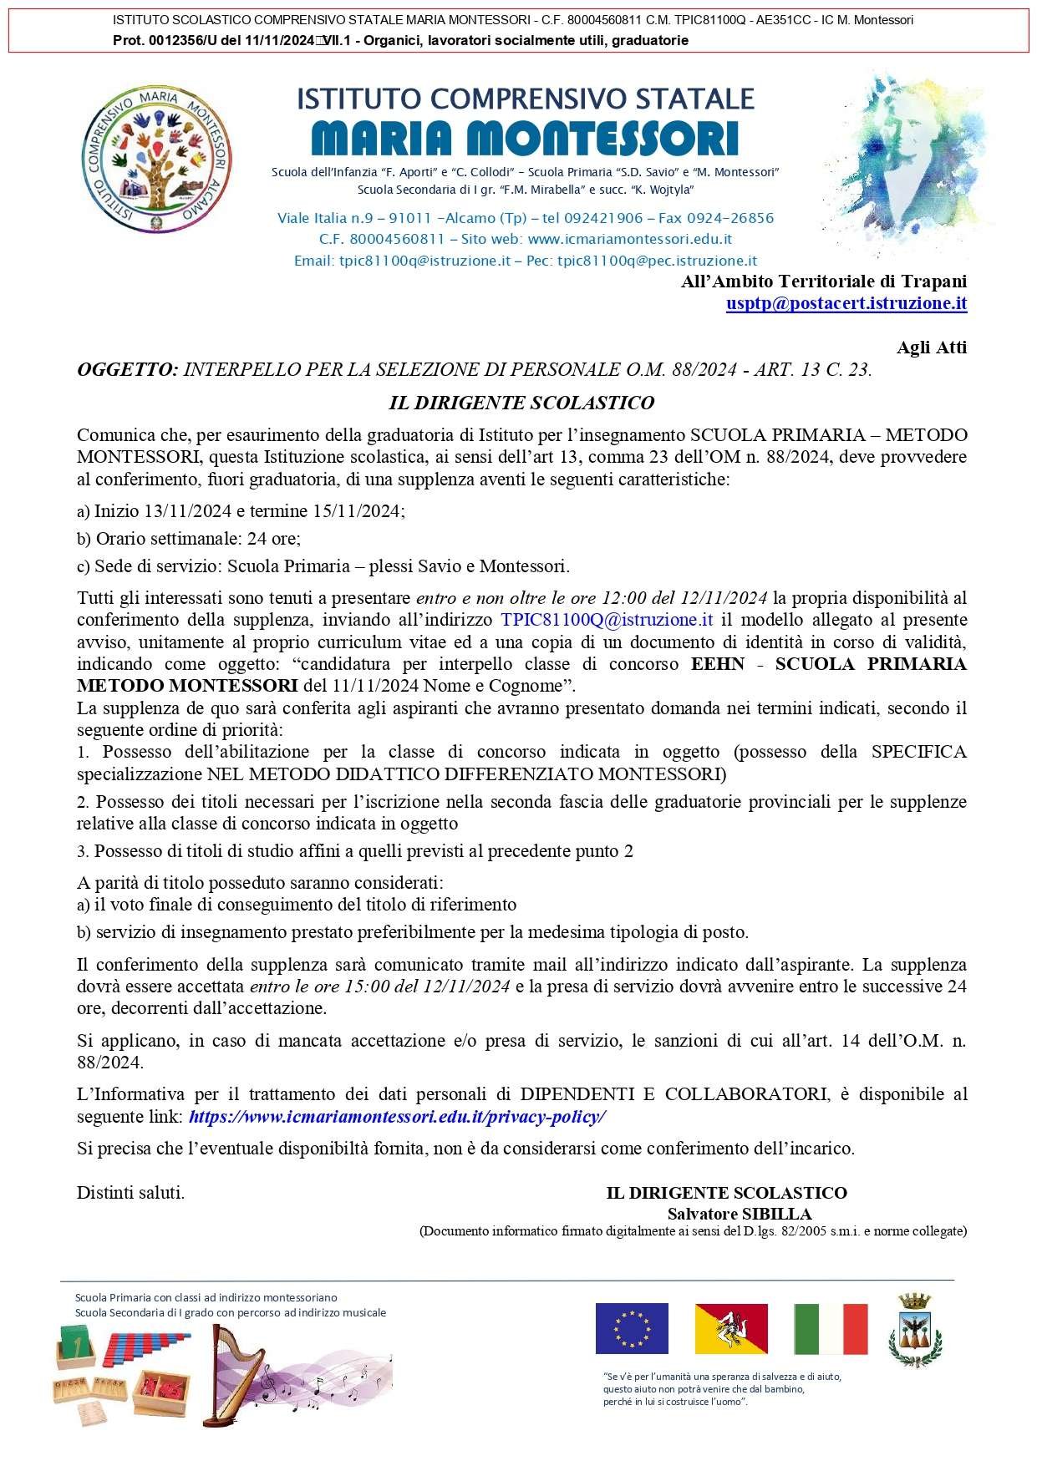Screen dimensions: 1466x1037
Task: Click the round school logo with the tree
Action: [158, 163]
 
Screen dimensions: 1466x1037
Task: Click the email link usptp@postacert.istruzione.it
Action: [846, 303]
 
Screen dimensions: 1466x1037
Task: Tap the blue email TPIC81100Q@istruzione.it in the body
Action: [607, 620]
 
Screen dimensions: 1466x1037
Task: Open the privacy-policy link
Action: [397, 1116]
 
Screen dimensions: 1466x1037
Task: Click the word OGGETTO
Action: [127, 369]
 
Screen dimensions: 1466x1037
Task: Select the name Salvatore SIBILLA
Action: [740, 1214]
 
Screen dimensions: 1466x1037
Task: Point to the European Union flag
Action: [632, 1328]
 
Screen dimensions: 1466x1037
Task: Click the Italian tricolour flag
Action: [831, 1328]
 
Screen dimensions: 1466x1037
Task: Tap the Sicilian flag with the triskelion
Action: [731, 1328]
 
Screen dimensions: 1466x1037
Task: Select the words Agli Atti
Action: [931, 347]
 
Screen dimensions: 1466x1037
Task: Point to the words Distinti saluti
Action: [130, 1193]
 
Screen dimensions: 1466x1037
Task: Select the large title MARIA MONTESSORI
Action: [525, 138]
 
